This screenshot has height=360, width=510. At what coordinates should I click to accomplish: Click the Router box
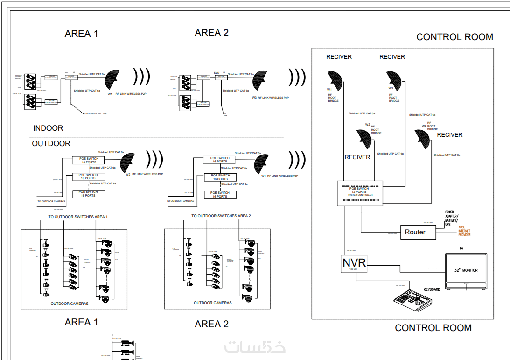click(x=415, y=232)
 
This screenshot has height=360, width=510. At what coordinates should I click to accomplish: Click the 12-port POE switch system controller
click(x=360, y=193)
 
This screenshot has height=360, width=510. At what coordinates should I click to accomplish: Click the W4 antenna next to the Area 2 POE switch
click(x=262, y=163)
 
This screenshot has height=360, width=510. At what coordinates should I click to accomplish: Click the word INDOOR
click(x=48, y=128)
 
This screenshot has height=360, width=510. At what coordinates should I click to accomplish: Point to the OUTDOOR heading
click(x=51, y=143)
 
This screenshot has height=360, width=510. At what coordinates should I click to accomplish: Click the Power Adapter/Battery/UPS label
click(x=452, y=219)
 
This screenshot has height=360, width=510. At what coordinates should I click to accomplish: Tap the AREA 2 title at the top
click(x=211, y=33)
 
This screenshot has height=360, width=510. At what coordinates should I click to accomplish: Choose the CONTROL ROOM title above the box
click(x=454, y=37)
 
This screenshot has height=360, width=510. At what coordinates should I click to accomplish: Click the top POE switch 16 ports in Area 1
click(x=88, y=160)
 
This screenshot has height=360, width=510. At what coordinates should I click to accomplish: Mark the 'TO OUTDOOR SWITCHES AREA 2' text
click(x=221, y=216)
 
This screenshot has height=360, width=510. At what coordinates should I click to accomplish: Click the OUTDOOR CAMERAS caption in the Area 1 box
click(x=70, y=304)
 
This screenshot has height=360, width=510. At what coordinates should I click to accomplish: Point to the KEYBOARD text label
click(x=431, y=289)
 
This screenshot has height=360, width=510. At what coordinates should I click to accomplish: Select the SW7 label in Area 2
click(x=217, y=73)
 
